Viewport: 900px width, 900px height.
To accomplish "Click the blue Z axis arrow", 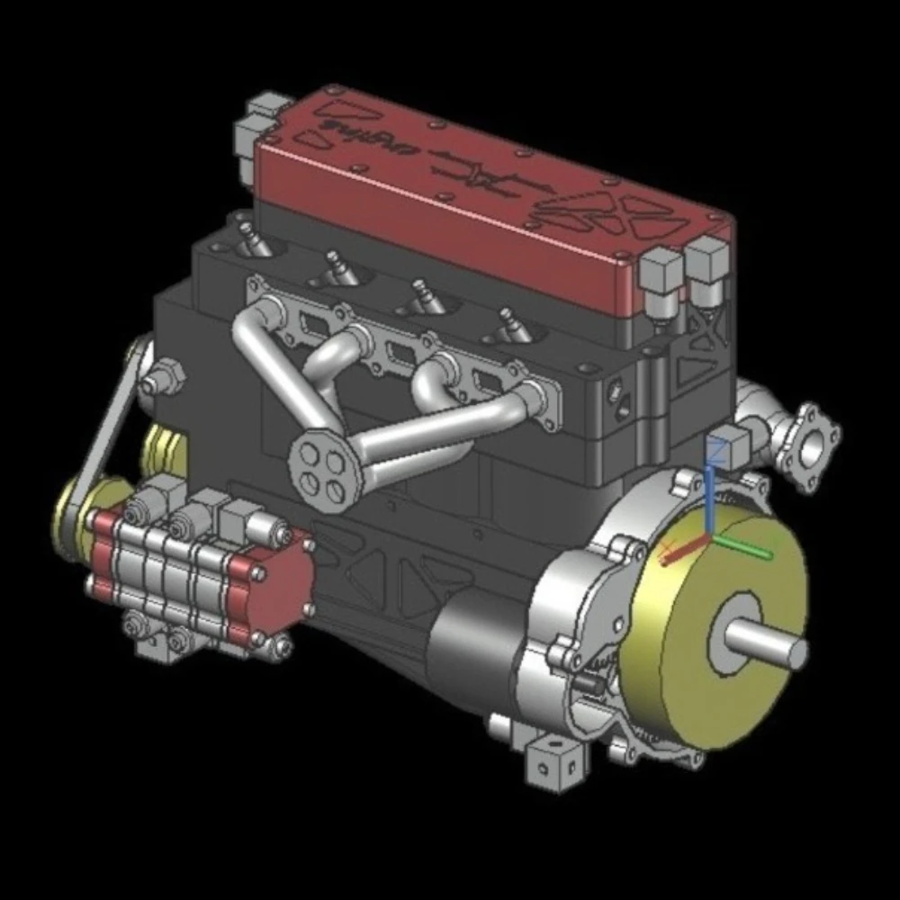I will tap(710, 500).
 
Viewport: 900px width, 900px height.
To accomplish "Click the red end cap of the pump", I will tap(279, 589).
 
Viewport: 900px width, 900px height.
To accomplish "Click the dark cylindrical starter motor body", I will tap(468, 648).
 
